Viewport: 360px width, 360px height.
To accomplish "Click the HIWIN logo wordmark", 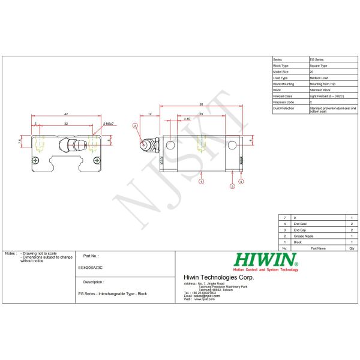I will [266, 260].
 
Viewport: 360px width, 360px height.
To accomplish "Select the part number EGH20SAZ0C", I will [90, 268].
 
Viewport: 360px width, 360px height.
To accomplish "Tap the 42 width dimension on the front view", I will [65, 113].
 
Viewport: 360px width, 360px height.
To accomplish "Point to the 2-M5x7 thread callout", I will [108, 123].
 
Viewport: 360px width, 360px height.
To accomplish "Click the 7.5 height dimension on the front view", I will [20, 142].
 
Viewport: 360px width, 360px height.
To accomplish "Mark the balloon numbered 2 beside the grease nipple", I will [136, 125].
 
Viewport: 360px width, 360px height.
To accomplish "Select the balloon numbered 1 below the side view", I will [201, 181].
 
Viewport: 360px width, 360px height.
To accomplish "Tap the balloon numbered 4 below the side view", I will [241, 181].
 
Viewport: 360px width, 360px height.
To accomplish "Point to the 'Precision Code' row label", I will [283, 102].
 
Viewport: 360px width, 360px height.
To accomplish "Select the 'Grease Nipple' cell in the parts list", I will [302, 236].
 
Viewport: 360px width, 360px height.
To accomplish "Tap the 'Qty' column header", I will [352, 248].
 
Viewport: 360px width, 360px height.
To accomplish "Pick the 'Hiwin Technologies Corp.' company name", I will [218, 277].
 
